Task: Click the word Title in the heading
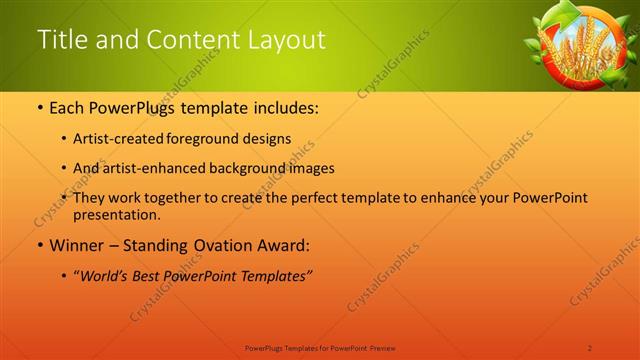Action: [x=59, y=40]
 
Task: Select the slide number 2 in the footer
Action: [x=590, y=347]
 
